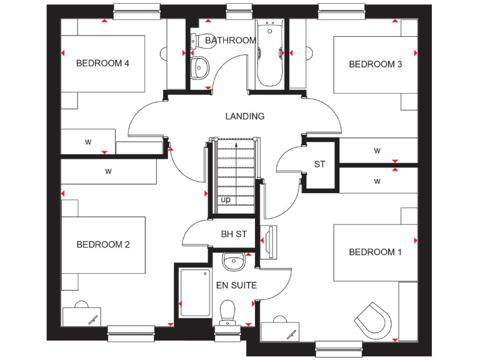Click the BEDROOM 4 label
[102, 63]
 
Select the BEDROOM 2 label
[103, 244]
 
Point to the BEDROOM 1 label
[375, 252]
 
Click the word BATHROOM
[231, 41]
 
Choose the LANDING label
[245, 116]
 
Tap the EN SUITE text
[236, 286]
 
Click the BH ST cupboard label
[234, 235]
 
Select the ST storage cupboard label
[320, 165]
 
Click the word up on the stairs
[225, 199]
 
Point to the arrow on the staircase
[236, 145]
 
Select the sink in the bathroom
[200, 67]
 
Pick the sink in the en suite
[234, 262]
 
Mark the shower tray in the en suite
[194, 292]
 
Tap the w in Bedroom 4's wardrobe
[88, 142]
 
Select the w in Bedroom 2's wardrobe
[108, 171]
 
